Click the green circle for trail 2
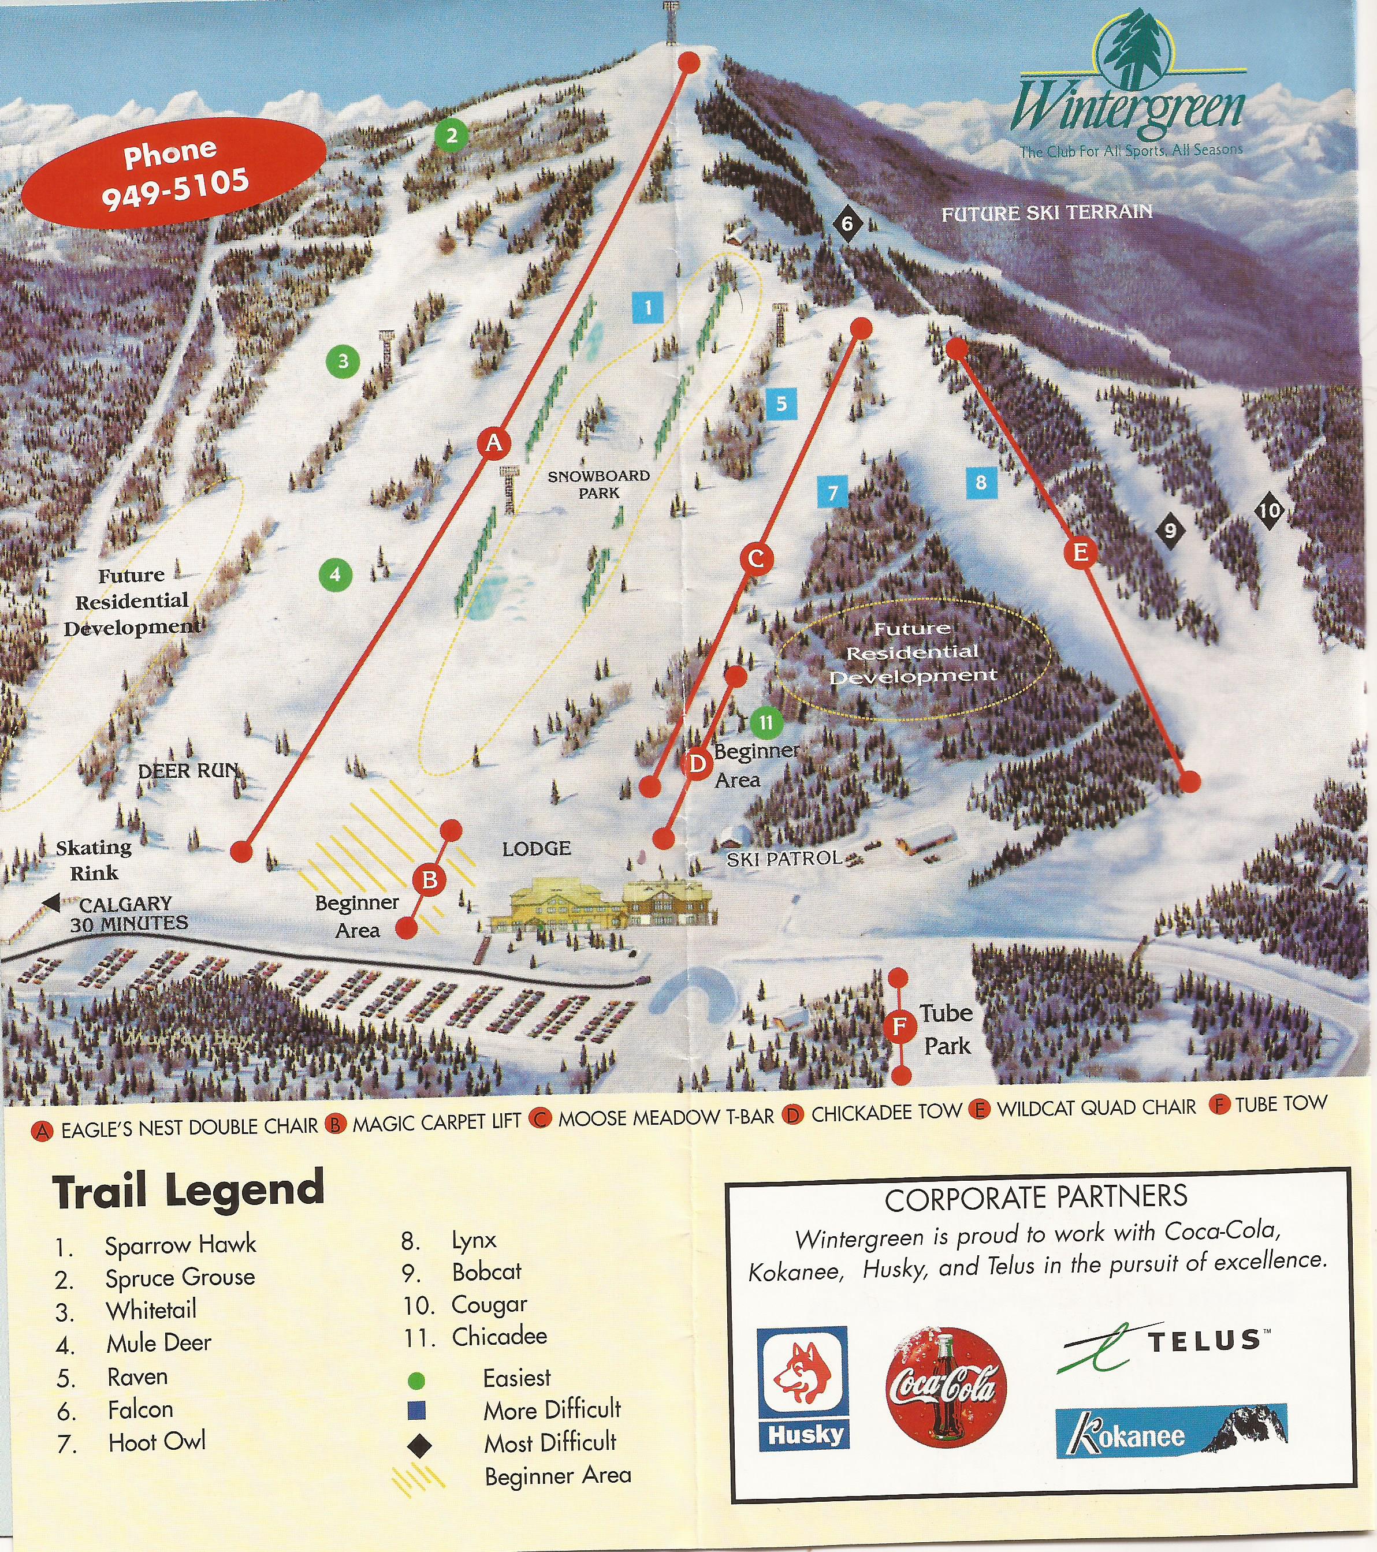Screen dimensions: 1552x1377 point(452,136)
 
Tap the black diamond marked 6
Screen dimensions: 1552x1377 point(847,224)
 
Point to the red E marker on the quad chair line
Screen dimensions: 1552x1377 point(1080,552)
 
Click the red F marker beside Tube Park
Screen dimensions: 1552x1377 point(899,1027)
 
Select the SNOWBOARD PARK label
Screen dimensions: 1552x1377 point(598,484)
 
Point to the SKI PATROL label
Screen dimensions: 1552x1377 point(784,859)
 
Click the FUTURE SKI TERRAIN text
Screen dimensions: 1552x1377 point(1047,212)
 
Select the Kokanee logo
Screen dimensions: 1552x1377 point(1170,1431)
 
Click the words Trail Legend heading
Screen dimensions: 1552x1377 point(188,1191)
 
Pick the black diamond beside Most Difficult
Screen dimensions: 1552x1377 point(418,1446)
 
